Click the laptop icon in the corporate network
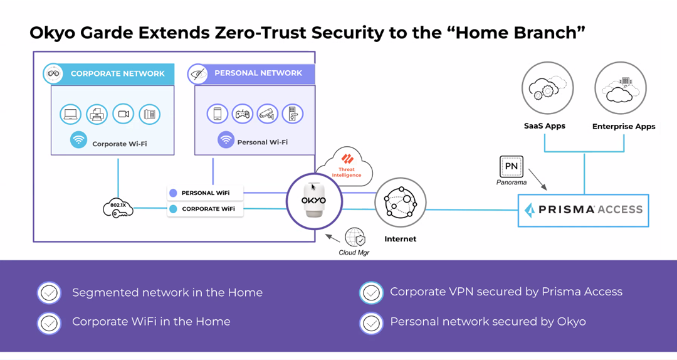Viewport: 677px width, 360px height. [70, 114]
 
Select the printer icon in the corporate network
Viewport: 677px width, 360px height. [97, 114]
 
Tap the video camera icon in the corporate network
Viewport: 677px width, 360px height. [123, 114]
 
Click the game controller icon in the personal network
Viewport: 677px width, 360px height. [243, 114]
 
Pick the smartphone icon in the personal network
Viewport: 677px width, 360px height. [217, 114]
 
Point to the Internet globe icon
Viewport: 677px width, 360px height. [400, 203]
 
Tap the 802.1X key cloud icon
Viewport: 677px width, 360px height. [118, 208]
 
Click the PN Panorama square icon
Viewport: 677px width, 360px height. [511, 166]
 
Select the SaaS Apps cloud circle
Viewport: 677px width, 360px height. [544, 88]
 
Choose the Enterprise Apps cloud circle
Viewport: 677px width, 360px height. [620, 88]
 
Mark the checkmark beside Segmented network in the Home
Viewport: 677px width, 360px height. [49, 292]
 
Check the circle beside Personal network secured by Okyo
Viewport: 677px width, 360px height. [371, 322]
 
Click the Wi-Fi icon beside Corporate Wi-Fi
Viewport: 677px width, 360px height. [78, 140]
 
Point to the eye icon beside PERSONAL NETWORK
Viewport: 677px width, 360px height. [197, 74]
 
